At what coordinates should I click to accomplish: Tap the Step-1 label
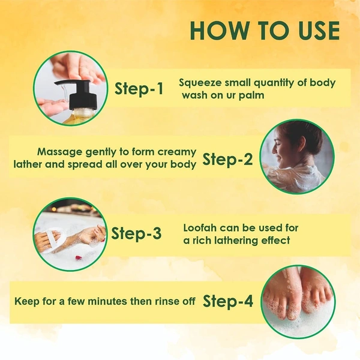[139, 88]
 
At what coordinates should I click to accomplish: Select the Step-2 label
[227, 159]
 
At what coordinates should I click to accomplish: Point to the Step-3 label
[136, 233]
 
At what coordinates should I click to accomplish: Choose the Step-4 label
[228, 301]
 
